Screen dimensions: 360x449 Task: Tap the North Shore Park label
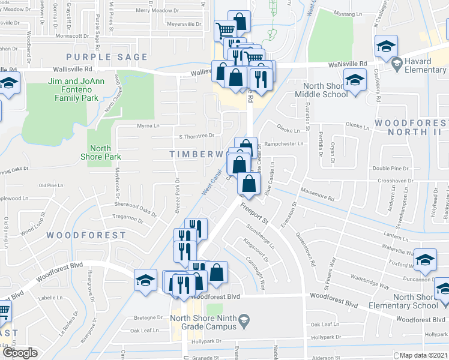tap(105, 152)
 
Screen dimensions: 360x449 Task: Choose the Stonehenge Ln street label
tap(260, 236)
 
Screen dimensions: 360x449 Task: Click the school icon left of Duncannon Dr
tap(425, 259)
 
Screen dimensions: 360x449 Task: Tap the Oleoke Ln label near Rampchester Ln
tap(288, 130)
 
